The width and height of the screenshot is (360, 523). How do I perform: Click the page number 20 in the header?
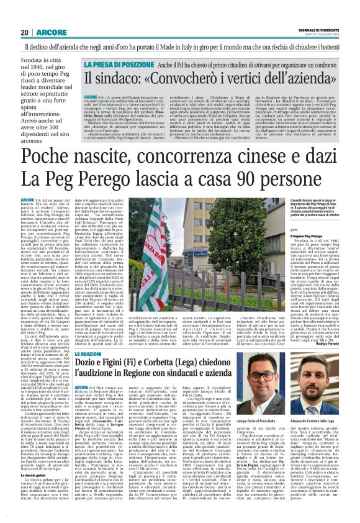point(25,32)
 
